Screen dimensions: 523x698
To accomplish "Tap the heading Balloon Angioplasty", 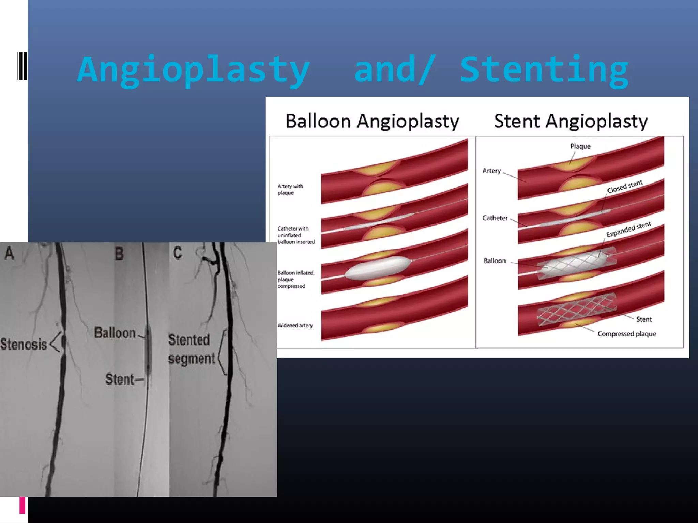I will tap(372, 121).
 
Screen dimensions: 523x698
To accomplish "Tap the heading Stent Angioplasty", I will tap(571, 121).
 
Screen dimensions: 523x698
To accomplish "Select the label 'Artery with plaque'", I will tap(290, 189).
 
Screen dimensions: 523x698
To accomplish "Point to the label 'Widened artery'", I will tap(295, 325).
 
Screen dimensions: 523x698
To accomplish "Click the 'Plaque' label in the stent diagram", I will tap(580, 146).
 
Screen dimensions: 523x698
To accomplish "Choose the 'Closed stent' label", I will tap(624, 187).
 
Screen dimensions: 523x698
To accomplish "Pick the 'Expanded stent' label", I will tap(628, 229).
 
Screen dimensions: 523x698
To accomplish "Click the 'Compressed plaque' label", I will tap(626, 334).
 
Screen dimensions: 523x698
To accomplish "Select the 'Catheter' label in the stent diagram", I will tap(495, 218).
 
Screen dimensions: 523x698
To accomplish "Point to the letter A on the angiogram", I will tap(9, 253).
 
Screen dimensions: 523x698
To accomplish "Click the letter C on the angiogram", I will tap(178, 253).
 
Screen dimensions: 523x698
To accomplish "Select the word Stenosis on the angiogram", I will tap(24, 344).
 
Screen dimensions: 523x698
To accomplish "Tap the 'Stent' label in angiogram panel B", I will tap(120, 379).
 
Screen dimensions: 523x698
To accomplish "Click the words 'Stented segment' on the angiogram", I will tap(192, 349).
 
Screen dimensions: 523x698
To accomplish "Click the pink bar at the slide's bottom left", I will tap(22, 505).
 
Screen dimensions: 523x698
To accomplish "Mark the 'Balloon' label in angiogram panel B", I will tap(115, 333).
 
